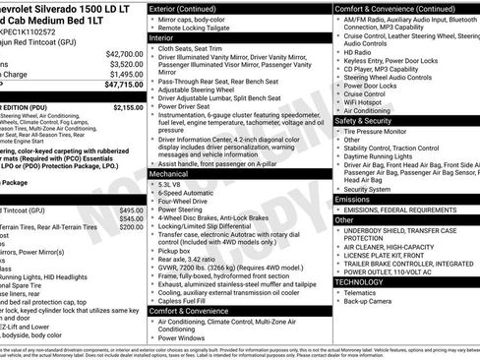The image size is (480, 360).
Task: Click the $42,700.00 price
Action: (x=123, y=53)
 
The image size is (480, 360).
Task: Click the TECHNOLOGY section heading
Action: (x=360, y=281)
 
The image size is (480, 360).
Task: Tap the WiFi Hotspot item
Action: (x=371, y=101)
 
